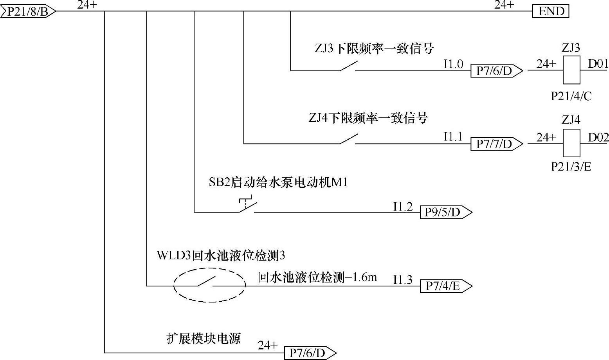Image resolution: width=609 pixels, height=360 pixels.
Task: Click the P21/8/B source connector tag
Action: pos(28,12)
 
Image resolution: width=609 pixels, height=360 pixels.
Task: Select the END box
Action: pos(551,12)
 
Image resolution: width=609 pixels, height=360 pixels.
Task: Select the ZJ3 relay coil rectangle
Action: pos(571,70)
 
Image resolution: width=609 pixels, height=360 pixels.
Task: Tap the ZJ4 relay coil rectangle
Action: pos(571,143)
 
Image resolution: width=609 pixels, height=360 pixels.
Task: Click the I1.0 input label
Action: pos(453,64)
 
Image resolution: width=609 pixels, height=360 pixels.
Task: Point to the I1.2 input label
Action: pos(403,206)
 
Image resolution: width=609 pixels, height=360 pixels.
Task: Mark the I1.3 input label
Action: pos(403,279)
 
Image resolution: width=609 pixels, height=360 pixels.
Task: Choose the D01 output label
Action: pos(598,63)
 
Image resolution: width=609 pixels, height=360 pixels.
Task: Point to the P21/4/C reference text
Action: pos(571,96)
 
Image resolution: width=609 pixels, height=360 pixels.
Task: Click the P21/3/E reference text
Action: pos(571,167)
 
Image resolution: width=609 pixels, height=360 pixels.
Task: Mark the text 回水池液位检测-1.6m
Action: pos(317,277)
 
